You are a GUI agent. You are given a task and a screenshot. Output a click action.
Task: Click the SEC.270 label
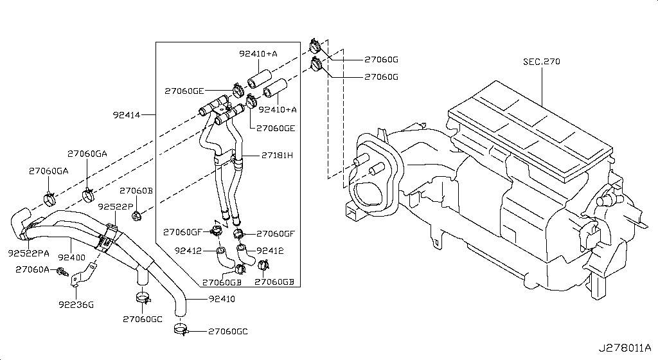tap(541, 62)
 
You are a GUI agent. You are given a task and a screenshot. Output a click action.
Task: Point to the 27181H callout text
tap(277, 155)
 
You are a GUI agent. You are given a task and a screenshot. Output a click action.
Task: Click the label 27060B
tap(136, 191)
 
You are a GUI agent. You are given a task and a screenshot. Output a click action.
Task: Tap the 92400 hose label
tap(72, 257)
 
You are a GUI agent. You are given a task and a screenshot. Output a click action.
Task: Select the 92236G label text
tap(76, 304)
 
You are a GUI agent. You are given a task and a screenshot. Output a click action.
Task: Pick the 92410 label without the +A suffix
tap(222, 299)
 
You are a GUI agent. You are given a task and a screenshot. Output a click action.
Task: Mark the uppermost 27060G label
tap(381, 59)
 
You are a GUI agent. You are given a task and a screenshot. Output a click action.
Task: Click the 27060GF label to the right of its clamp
tap(275, 233)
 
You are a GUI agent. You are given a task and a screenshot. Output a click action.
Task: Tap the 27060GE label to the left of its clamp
tap(184, 91)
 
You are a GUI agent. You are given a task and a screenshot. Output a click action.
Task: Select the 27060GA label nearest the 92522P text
tap(87, 154)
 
